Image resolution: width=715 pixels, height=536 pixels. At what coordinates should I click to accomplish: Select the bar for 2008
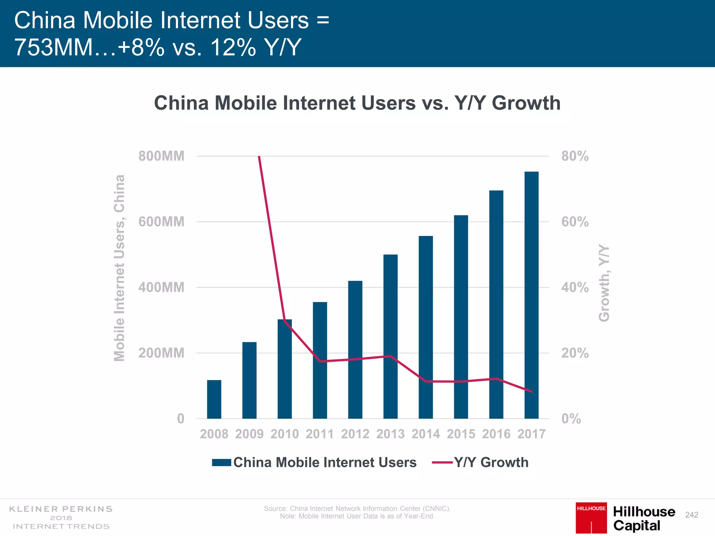coord(214,399)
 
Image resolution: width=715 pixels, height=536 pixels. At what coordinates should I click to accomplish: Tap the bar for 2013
coord(390,336)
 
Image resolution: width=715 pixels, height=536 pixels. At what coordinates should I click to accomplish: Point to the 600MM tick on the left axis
coord(161,222)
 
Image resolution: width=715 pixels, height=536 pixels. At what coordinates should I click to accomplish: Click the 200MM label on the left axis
coord(161,353)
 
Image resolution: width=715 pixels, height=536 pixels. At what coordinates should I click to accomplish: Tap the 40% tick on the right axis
coord(575,288)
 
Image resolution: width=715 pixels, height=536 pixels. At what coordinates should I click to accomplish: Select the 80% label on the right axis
coord(575,156)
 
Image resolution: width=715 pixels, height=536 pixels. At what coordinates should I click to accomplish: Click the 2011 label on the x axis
coord(320,434)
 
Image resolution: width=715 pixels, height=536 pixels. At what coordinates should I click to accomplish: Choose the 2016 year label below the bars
coord(496,434)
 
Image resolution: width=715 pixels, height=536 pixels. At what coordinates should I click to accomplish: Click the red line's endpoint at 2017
coord(532,392)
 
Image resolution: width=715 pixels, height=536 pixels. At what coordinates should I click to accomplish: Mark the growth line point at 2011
coord(320,361)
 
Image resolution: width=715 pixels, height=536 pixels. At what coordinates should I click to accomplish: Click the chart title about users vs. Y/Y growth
coord(357,103)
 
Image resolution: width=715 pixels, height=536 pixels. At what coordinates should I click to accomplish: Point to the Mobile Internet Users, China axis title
coord(119,268)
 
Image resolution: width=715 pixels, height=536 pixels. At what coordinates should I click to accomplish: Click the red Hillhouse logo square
coord(591,518)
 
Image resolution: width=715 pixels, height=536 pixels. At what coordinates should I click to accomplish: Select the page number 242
coord(692,515)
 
